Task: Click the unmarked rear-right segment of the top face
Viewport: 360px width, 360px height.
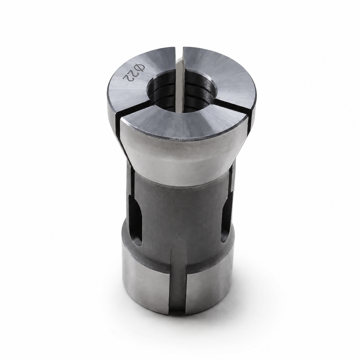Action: [x=220, y=75]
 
